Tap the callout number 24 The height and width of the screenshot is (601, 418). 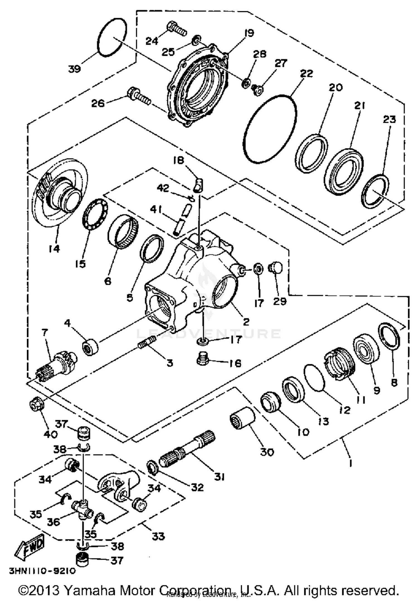pos(152,41)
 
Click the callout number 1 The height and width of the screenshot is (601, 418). pos(350,463)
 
